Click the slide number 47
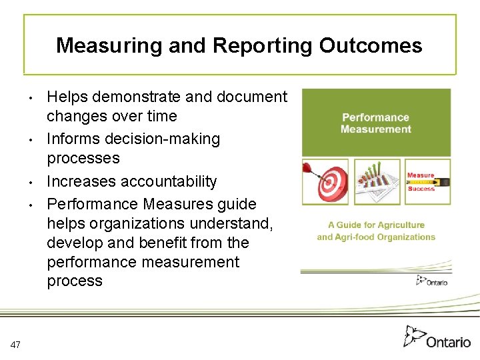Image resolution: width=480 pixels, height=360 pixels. (x=16, y=344)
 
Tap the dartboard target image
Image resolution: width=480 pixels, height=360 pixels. (x=326, y=181)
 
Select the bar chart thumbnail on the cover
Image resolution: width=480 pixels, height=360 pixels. (x=377, y=181)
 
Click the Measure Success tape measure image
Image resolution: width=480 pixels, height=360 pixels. (x=427, y=181)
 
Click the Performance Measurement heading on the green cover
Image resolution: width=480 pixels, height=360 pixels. (x=376, y=123)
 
